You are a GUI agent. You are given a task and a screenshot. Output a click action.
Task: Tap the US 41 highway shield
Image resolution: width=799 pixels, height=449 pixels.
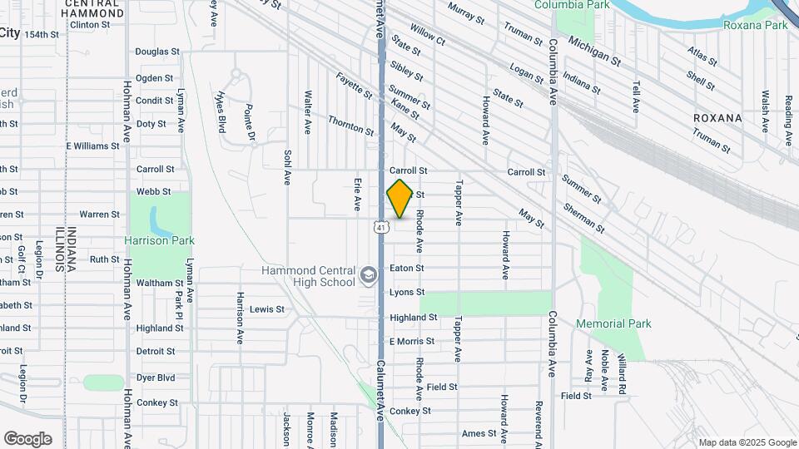coord(380,226)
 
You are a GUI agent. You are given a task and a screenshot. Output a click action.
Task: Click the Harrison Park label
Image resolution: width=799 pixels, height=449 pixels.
coord(159,241)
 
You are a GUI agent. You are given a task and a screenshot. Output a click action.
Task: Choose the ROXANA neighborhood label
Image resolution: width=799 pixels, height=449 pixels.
coord(717,118)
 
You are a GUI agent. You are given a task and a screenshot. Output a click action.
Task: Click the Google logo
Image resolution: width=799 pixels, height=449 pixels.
coord(27,438)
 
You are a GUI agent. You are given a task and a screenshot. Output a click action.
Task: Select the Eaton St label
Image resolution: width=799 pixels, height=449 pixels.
coord(407,269)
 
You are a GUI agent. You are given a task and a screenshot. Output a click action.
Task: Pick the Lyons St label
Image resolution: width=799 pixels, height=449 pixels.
coord(407,293)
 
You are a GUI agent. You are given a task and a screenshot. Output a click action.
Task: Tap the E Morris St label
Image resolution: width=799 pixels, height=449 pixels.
coord(411,342)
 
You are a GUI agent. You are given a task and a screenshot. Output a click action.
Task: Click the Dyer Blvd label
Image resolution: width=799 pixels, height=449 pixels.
coord(156,377)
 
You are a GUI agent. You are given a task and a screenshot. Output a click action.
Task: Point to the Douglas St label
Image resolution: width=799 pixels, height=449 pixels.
coord(156,52)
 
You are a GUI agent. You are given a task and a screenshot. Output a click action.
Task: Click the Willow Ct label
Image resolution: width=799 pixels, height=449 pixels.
coord(428,35)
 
